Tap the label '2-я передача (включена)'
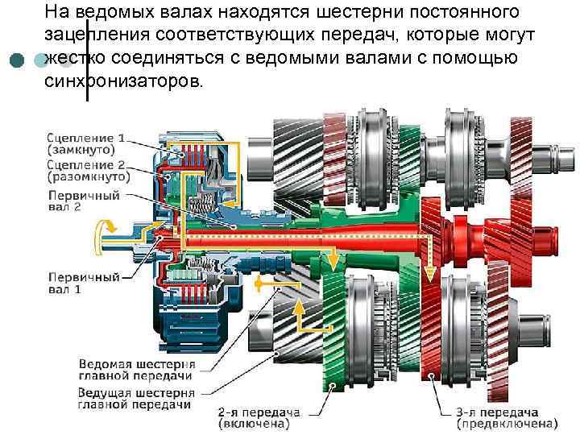[x=259, y=416]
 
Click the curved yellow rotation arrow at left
[x=102, y=231]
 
